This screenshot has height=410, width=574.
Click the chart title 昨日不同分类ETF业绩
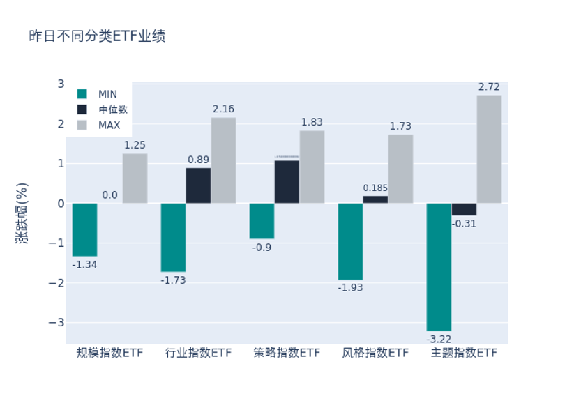(97, 36)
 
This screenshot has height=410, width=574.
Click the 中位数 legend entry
(112, 109)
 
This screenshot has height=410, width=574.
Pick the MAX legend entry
(109, 126)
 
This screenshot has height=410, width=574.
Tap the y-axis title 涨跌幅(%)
(22, 213)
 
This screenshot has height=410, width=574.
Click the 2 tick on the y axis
(61, 124)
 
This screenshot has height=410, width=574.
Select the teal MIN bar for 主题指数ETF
(439, 266)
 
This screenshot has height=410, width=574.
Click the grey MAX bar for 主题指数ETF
(489, 149)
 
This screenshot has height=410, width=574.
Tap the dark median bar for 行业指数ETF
(198, 185)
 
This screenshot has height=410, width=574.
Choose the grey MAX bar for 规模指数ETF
(135, 179)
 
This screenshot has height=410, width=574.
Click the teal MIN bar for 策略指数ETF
(262, 221)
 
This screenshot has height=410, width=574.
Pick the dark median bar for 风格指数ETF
(375, 199)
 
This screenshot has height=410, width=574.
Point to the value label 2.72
(489, 87)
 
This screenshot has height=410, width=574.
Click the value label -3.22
(439, 339)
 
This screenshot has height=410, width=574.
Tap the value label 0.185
(375, 188)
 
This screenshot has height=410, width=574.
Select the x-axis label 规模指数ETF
(109, 353)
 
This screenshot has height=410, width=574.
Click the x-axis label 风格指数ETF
(375, 353)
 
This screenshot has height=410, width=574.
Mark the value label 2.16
(223, 109)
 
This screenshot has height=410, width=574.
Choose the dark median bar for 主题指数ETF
(464, 209)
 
